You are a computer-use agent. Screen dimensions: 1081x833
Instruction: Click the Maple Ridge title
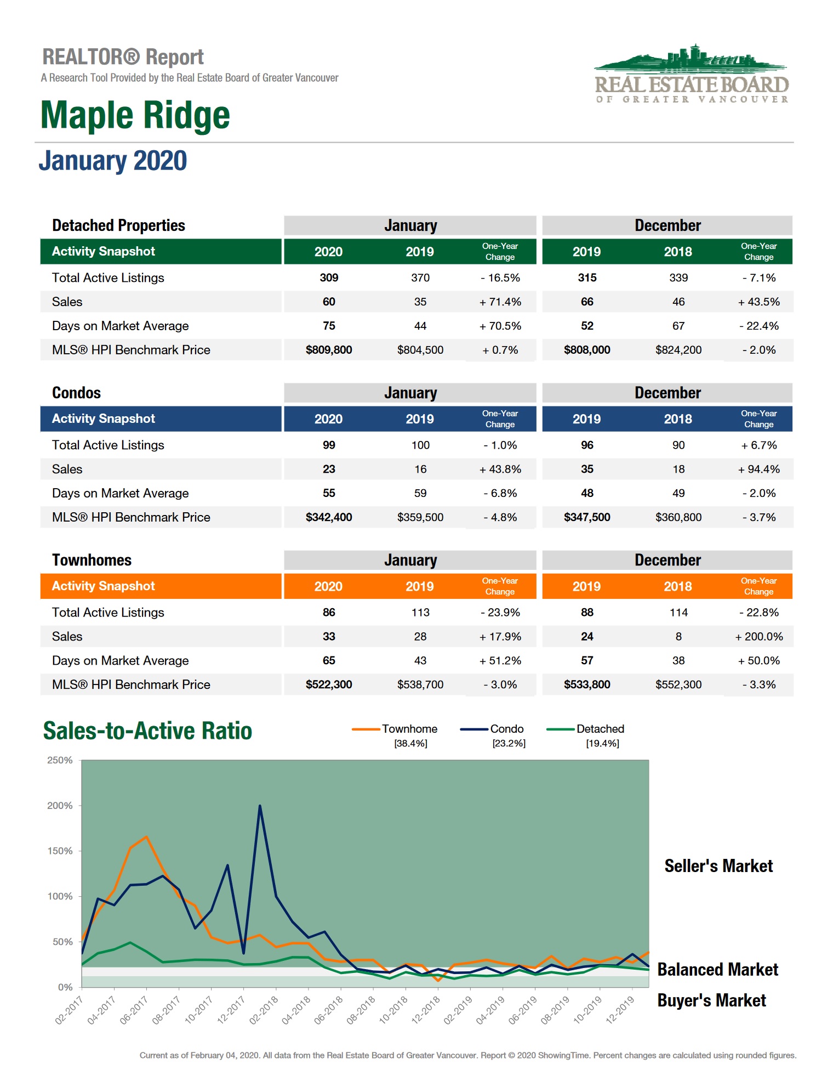coord(135,116)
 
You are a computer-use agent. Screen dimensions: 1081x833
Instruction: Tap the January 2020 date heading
coord(113,161)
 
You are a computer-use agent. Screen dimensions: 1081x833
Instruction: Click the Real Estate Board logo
coord(692,75)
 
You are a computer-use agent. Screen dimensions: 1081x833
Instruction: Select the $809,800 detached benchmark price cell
coord(329,350)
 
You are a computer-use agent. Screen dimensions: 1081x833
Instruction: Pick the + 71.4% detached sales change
coord(500,302)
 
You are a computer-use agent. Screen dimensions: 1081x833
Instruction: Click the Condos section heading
coord(77,393)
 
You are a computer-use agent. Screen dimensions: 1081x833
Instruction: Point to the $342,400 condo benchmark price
coord(329,517)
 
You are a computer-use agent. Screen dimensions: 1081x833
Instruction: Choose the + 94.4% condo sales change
coord(758,469)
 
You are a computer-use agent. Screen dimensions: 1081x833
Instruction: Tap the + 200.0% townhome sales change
coord(758,636)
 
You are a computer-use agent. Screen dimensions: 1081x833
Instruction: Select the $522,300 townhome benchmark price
coord(329,684)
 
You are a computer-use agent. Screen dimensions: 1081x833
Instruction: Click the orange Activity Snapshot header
coord(104,586)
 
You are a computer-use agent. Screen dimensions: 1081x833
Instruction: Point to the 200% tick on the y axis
coord(60,806)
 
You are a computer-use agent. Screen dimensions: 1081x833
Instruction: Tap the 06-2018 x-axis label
coord(329,1010)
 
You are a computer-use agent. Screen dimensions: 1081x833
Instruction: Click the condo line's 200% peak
coord(260,806)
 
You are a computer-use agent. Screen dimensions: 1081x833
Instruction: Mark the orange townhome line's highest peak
coord(146,837)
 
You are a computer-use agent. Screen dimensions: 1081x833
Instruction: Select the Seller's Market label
coord(718,866)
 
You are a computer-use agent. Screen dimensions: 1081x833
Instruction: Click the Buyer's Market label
coord(711,1000)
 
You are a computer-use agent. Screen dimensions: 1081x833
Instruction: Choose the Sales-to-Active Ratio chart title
coord(147,731)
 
